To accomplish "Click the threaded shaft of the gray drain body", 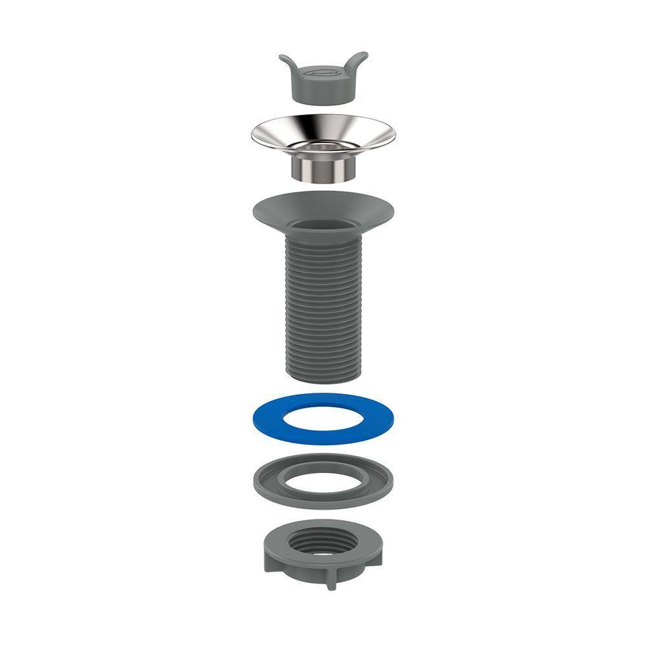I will coord(323,304).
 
